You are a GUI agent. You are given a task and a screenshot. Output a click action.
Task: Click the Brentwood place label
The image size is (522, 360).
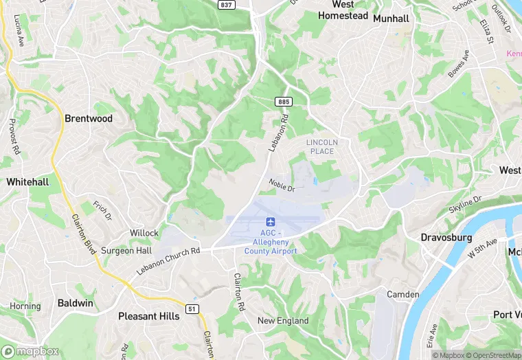tap(88, 118)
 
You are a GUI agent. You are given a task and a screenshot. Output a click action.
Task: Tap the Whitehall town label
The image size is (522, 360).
tap(27, 182)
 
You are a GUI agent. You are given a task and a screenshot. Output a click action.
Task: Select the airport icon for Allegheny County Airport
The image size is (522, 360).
tap(271, 223)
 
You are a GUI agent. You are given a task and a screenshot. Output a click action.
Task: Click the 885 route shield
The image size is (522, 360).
tap(284, 102)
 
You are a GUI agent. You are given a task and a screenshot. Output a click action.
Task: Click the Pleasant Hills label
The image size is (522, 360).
tap(149, 316)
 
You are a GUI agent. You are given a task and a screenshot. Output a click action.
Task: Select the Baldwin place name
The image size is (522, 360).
tap(76, 302)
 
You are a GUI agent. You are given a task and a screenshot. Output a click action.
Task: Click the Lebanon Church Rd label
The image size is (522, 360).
tap(168, 260)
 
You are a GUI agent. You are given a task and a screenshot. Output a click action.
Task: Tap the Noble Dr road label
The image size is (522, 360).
tap(282, 185)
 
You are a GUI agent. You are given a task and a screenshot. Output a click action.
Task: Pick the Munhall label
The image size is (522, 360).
tap(391, 19)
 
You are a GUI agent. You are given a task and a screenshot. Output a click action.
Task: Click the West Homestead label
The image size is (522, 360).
tap(343, 10)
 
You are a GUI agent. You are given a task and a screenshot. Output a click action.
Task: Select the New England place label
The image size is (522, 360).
tap(283, 321)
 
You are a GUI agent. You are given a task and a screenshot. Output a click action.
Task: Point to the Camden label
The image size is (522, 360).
tap(403, 294)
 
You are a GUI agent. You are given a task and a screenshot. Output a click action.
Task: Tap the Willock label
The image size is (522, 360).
tap(144, 233)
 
